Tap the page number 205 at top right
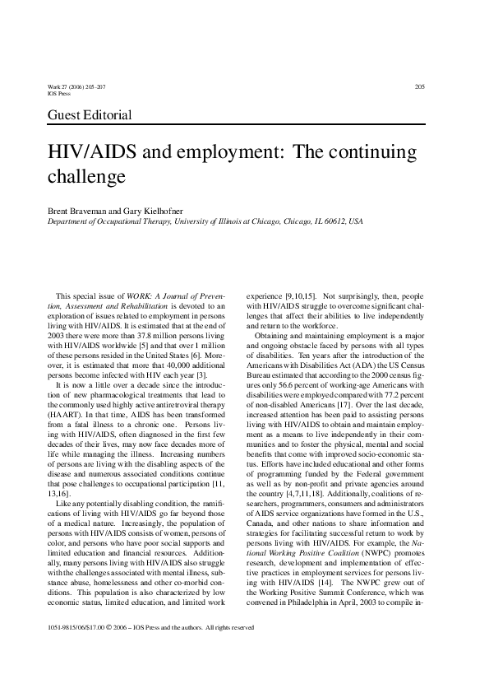pyautogui.click(x=419, y=87)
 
